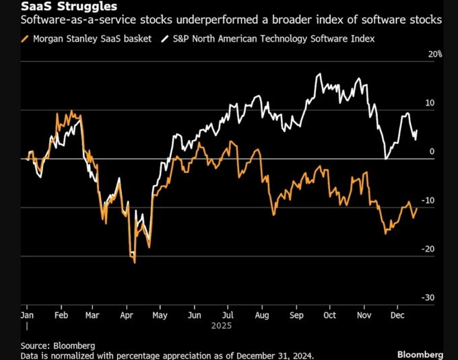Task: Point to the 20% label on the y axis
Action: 434,55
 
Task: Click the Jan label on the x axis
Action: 28,314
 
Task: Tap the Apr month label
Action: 127,314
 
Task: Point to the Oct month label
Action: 330,314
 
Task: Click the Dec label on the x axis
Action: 397,314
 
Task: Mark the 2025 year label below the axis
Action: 221,326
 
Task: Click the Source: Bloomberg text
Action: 57,345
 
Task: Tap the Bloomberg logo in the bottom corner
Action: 420,354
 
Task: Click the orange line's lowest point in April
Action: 135,262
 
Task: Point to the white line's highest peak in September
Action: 317,74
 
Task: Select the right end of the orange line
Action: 417,209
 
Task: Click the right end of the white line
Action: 417,131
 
